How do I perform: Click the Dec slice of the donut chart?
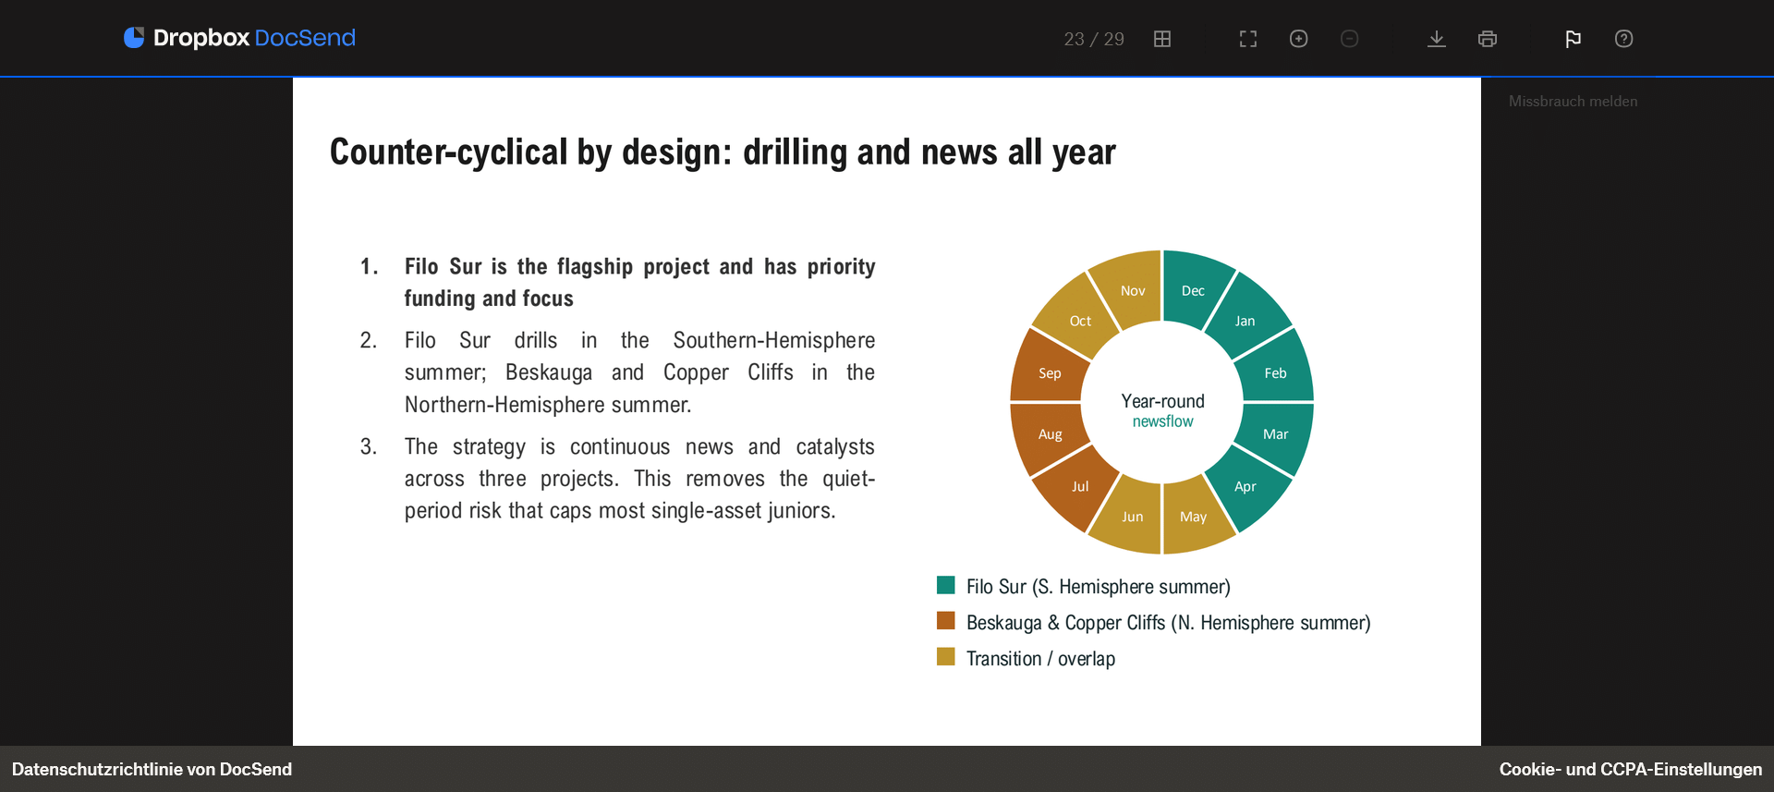[1193, 288]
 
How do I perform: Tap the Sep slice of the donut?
[1050, 370]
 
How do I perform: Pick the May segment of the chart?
[1194, 516]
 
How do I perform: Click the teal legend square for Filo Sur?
[945, 585]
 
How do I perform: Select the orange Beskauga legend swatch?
[945, 621]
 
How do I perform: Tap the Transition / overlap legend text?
[1040, 659]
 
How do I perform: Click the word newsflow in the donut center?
[1162, 421]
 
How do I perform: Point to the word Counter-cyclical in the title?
[449, 152]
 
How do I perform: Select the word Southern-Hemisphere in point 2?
[774, 340]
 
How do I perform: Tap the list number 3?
[369, 447]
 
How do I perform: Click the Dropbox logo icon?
[134, 37]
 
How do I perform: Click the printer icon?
[1488, 39]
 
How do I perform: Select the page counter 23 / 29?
[1094, 39]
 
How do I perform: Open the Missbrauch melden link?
[1573, 102]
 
